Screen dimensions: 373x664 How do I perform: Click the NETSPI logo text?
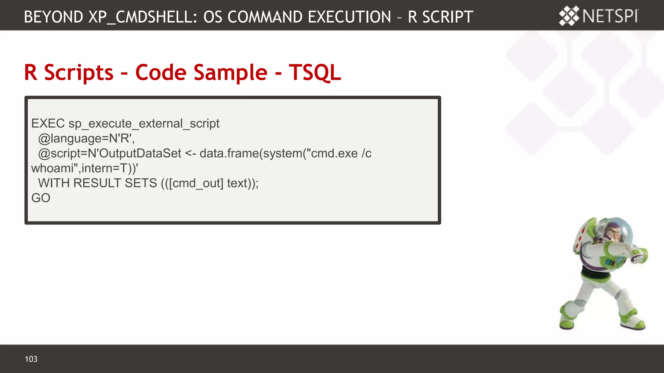[x=610, y=16]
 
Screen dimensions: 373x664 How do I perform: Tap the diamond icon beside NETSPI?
[x=569, y=16]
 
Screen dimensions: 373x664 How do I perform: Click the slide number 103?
[x=31, y=359]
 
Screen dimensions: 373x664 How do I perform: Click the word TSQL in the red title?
[x=314, y=72]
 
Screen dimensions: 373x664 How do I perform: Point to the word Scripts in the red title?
[x=79, y=72]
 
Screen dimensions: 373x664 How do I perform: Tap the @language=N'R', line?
[x=86, y=139]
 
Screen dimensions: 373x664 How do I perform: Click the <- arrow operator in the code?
[x=190, y=153]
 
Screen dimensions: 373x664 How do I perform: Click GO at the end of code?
[x=41, y=198]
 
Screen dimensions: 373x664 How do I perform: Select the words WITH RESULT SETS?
[x=97, y=183]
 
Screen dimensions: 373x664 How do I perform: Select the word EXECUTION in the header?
[x=349, y=17]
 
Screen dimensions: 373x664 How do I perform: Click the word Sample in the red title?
[x=231, y=72]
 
